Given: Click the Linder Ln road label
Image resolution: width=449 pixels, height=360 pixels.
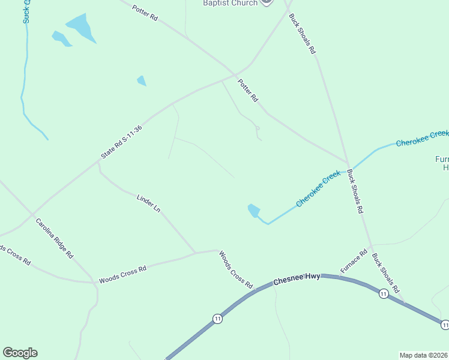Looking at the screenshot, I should [x=149, y=203].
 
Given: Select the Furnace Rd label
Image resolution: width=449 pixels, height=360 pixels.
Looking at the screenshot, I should [x=354, y=262].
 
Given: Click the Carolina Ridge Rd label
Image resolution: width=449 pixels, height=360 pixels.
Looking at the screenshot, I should [x=54, y=238].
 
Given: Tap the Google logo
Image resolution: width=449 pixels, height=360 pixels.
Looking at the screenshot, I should [x=20, y=353].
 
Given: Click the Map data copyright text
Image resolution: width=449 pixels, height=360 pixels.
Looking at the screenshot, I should [x=424, y=355].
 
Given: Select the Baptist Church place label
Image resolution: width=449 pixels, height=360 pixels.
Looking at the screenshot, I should [x=231, y=3].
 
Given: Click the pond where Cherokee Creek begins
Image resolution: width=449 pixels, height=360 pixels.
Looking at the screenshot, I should [x=254, y=211].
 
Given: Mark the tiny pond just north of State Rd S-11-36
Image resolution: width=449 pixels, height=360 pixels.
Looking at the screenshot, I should [x=142, y=80].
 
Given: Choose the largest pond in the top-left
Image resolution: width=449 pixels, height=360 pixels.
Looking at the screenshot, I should [x=81, y=28].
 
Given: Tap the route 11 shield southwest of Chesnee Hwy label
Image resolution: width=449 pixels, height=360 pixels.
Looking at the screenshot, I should [x=217, y=319].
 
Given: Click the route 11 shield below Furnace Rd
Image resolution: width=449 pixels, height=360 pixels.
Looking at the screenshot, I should [x=383, y=293].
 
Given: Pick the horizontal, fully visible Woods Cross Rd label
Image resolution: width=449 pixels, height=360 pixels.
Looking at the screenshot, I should [x=122, y=274].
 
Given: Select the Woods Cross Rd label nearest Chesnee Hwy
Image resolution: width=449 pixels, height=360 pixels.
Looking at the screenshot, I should [x=236, y=269].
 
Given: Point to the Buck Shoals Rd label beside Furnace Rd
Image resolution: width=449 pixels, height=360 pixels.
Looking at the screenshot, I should [x=385, y=272].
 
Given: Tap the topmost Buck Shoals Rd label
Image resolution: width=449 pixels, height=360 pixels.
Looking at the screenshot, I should [x=302, y=34].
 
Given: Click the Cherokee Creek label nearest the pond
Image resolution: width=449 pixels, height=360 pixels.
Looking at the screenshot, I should [x=319, y=188].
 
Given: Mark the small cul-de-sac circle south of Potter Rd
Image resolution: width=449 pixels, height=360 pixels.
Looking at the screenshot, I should [x=257, y=128].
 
